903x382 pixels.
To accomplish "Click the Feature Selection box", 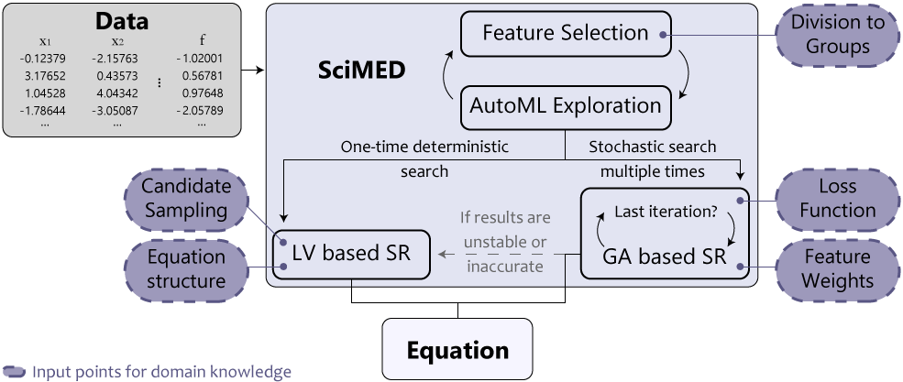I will [x=567, y=34].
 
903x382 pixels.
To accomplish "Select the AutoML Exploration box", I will [x=566, y=105].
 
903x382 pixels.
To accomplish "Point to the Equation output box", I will [x=457, y=350].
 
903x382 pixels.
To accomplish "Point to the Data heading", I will [x=122, y=21].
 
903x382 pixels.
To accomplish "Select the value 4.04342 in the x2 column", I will [x=117, y=93].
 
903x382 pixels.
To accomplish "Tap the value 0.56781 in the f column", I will [x=201, y=76].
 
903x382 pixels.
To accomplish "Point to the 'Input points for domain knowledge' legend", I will [x=161, y=372].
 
